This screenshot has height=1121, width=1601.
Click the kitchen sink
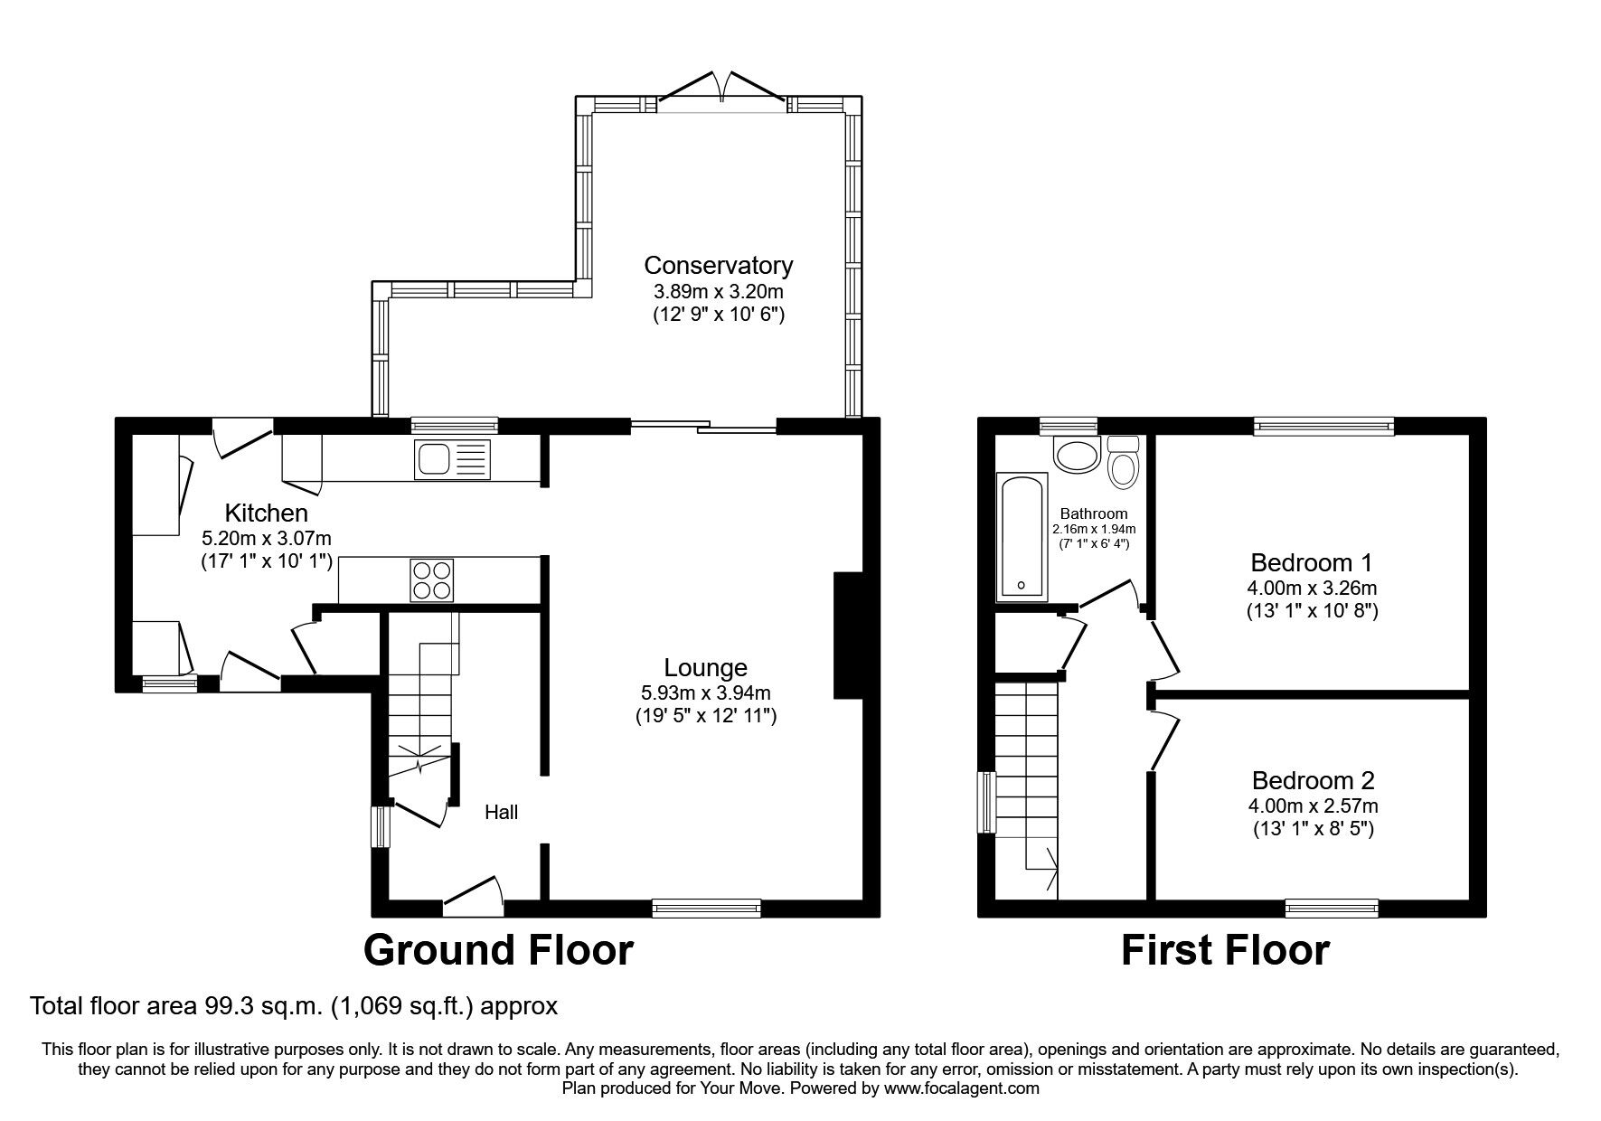[x=452, y=459]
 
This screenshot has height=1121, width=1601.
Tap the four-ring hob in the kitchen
[x=432, y=580]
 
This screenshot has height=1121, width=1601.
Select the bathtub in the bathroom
[x=1022, y=537]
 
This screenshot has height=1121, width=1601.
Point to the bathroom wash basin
[x=1075, y=455]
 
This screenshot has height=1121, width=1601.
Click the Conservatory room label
[x=718, y=265]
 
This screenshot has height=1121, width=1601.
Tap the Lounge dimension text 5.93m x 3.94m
[x=705, y=693]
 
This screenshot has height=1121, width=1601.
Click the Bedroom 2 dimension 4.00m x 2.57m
[x=1313, y=805]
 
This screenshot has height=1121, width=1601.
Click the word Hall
[x=501, y=812]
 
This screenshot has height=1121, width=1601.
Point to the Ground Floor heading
[x=498, y=950]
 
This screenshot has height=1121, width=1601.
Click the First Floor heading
[x=1225, y=950]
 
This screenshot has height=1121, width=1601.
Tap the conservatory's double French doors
[x=720, y=90]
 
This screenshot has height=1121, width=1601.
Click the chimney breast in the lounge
[x=847, y=636]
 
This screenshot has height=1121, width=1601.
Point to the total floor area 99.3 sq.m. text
[x=294, y=1005]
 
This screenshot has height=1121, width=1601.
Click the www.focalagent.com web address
[x=962, y=1088]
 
